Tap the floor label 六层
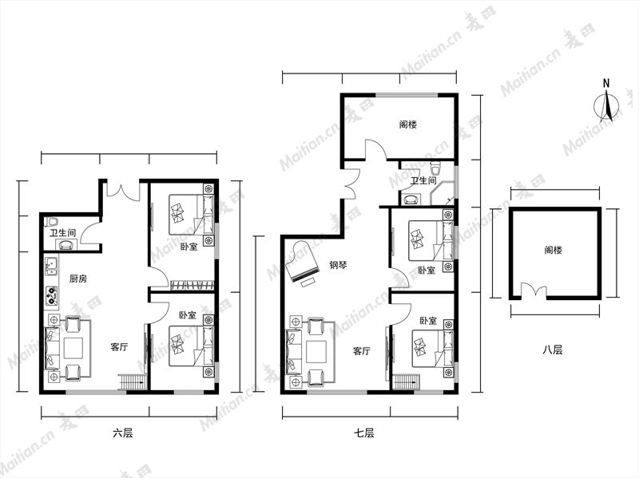(x=123, y=433)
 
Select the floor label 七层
(x=364, y=433)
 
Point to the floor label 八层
(x=553, y=350)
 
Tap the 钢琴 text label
(x=338, y=266)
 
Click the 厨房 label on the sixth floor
(x=77, y=279)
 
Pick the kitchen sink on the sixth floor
(x=51, y=267)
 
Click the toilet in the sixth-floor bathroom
(x=52, y=222)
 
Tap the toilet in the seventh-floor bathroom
(x=435, y=167)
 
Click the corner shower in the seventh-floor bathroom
(x=443, y=193)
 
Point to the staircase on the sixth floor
(x=131, y=383)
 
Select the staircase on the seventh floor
(x=406, y=383)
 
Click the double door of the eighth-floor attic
(x=534, y=292)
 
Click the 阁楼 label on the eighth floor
(x=553, y=250)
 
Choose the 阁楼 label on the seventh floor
(x=408, y=124)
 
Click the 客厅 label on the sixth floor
(x=119, y=347)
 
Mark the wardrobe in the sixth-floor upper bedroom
(x=192, y=285)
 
